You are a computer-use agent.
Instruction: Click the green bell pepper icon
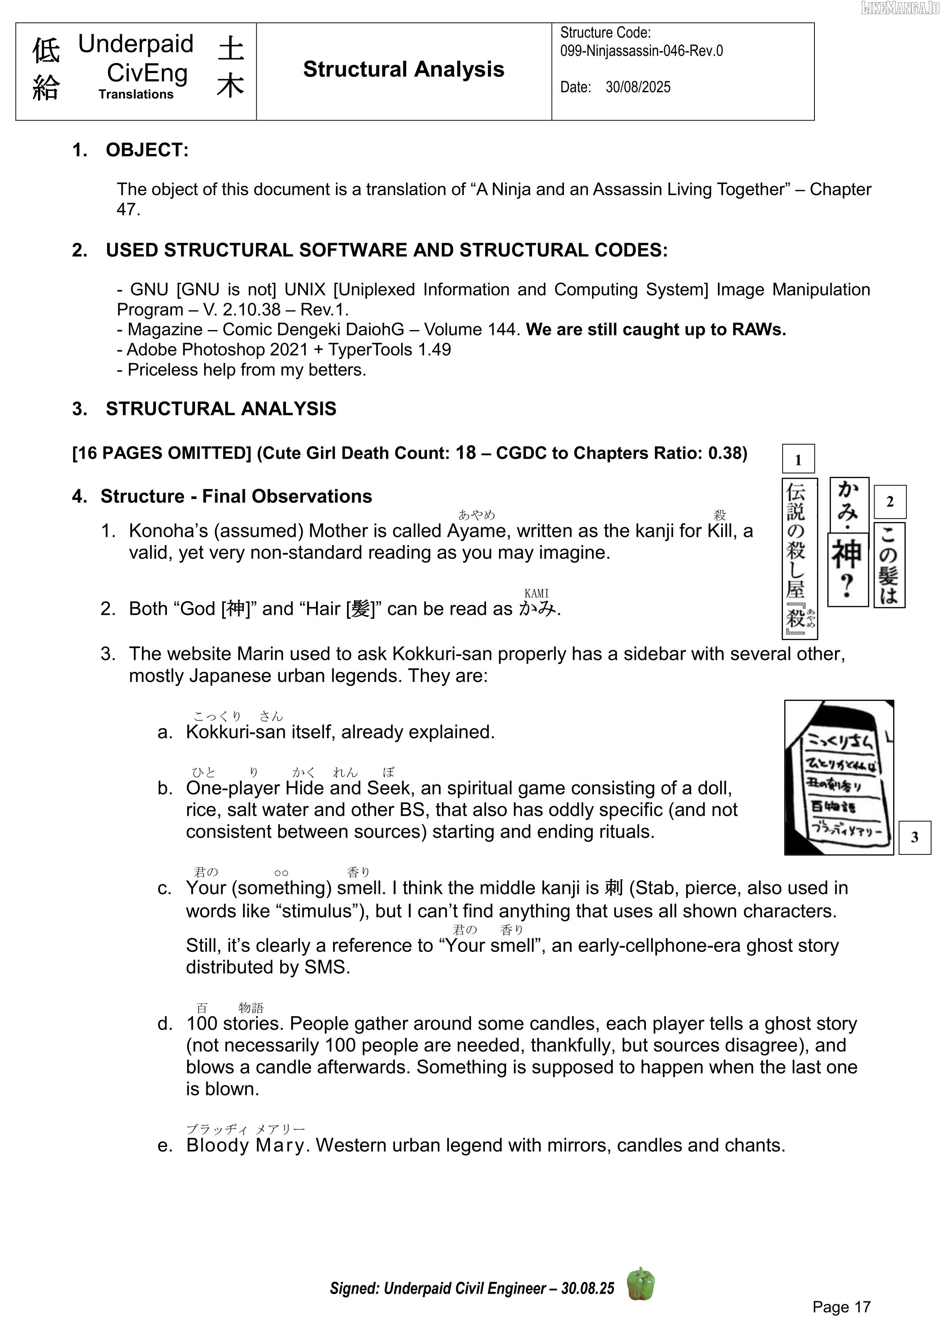point(640,1283)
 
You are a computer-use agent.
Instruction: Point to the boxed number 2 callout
point(889,502)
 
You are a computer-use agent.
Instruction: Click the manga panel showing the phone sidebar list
point(838,777)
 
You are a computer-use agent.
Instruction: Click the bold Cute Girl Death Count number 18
point(465,452)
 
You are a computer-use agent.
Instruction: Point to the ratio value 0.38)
point(727,453)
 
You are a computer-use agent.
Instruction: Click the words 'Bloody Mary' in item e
point(246,1145)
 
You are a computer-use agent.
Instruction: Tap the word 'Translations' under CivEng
point(136,94)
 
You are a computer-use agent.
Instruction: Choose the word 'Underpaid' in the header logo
point(135,44)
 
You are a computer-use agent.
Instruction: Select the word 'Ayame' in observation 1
point(476,530)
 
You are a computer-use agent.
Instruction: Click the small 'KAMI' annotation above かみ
point(536,593)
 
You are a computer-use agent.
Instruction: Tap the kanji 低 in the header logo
point(46,51)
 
